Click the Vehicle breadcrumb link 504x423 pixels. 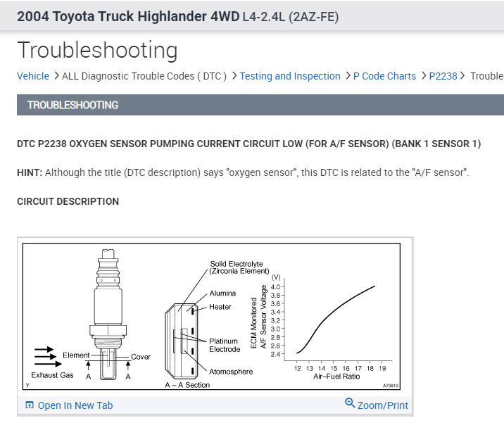tap(33, 76)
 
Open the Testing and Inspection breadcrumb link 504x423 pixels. tap(290, 76)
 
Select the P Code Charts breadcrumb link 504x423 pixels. tap(384, 76)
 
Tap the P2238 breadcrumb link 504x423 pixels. tap(443, 76)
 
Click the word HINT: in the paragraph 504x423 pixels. tap(30, 172)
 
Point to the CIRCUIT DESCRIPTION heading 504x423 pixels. tap(68, 201)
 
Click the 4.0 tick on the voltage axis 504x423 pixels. tap(276, 286)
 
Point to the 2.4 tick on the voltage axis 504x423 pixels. tap(276, 354)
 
